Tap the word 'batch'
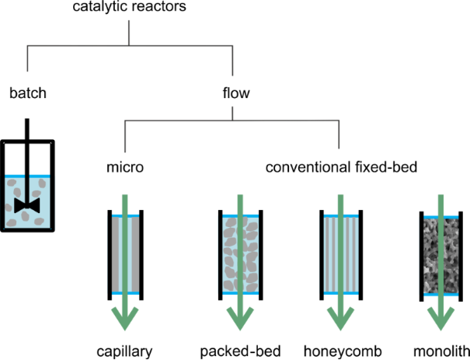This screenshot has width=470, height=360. (x=28, y=94)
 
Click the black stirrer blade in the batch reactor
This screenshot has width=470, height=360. (x=28, y=206)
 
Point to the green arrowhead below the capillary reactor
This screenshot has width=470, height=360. (x=124, y=317)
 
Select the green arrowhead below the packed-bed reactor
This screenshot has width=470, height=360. (x=240, y=317)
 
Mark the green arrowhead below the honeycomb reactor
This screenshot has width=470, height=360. (x=339, y=317)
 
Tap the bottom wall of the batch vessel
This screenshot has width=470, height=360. (x=28, y=231)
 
